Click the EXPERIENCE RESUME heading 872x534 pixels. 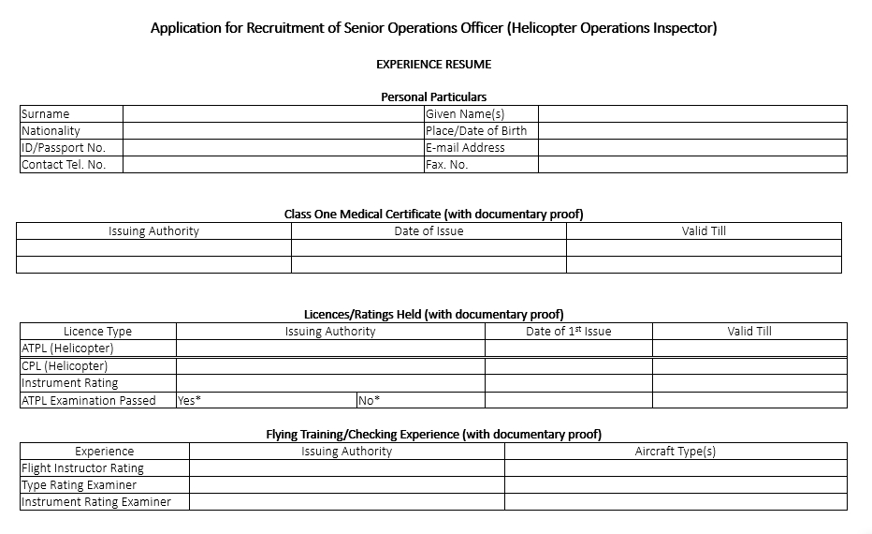tap(433, 65)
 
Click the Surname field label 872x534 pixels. tap(46, 114)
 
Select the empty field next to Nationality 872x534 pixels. tap(272, 131)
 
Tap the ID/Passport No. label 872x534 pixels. tap(64, 148)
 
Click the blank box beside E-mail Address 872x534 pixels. tap(692, 148)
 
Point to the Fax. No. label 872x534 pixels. tap(446, 165)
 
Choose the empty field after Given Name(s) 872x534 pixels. tap(692, 114)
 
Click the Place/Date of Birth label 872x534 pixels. tap(476, 131)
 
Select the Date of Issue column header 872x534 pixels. tap(429, 231)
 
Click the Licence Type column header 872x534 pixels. tap(97, 332)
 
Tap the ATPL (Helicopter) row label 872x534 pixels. tap(67, 349)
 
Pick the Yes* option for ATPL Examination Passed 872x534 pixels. tap(190, 400)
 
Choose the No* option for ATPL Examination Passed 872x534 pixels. tap(370, 400)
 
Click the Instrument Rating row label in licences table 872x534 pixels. tap(70, 383)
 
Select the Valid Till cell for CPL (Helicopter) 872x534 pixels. tap(749, 366)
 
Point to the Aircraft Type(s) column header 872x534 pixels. tap(676, 452)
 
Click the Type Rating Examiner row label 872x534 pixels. tap(80, 485)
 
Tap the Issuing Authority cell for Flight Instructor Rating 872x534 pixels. tap(346, 468)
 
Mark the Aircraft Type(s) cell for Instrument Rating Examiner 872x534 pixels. tap(676, 502)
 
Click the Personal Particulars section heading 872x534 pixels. tap(433, 96)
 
